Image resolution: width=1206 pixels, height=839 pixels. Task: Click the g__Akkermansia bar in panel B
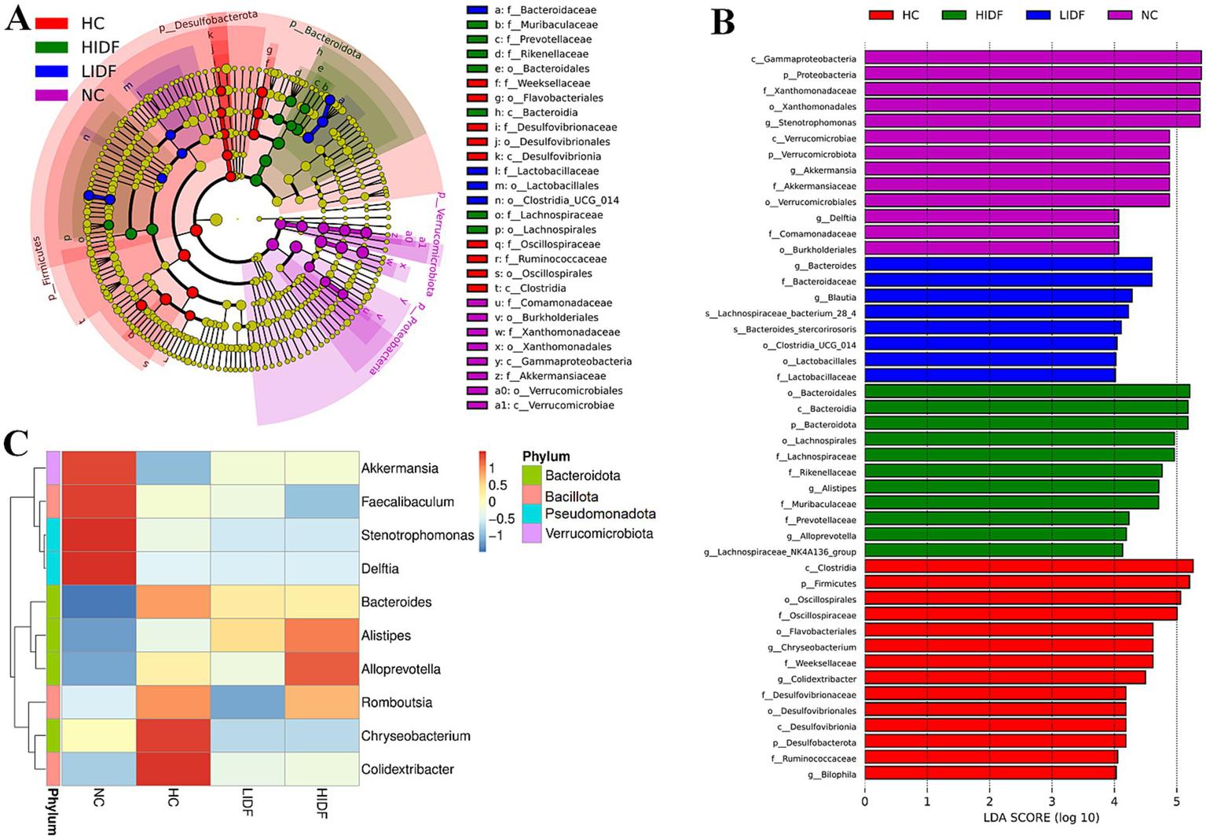pos(1017,170)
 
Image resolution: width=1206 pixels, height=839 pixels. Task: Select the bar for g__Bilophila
pos(990,774)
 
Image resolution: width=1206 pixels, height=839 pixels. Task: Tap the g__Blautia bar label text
pos(835,297)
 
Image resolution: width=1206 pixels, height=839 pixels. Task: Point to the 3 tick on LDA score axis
pos(1051,801)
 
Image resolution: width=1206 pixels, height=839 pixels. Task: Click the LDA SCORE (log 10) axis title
pos(1040,818)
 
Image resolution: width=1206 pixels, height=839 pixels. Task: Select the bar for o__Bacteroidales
pos(1027,392)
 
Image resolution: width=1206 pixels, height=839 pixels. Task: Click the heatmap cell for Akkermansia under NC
pos(98,468)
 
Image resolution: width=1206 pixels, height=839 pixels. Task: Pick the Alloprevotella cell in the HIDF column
pos(321,669)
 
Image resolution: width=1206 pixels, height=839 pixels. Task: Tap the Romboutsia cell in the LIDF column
pos(247,702)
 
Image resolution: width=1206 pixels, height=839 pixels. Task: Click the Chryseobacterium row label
pos(416,736)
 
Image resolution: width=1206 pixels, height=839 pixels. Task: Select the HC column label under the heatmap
pos(174,798)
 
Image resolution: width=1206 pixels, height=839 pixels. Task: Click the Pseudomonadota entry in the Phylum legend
pos(600,514)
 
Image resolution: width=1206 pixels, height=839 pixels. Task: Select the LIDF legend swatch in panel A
pos(51,71)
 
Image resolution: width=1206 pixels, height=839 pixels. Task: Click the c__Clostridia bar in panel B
pos(1028,566)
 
